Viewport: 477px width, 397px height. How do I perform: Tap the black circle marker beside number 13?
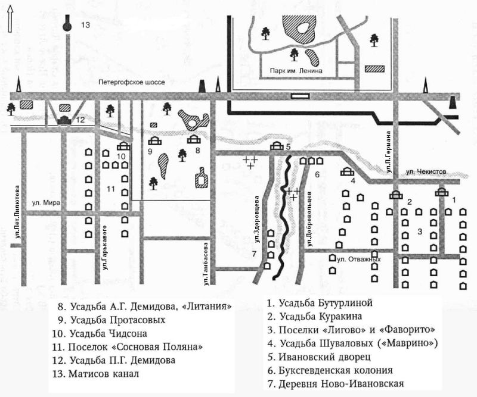[67, 26]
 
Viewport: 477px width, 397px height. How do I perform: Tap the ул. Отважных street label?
[357, 259]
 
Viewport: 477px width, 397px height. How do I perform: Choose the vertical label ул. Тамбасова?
[205, 258]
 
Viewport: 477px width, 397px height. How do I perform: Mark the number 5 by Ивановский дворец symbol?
[287, 146]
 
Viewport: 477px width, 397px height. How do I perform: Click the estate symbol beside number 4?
[346, 173]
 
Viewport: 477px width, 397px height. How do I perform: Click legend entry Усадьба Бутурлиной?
[323, 303]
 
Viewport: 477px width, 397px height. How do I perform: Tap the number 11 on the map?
[110, 189]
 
